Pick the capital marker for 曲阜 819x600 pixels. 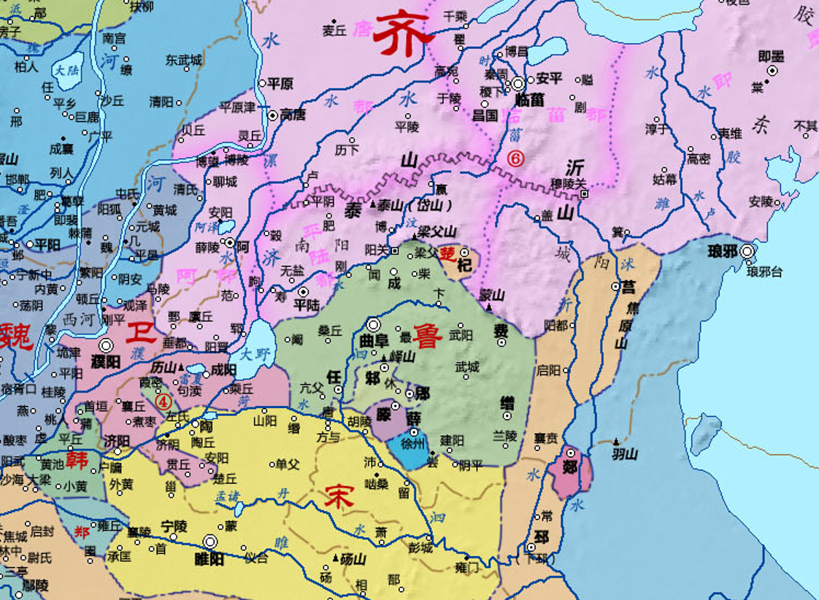(x=374, y=325)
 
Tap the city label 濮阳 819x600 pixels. (x=107, y=361)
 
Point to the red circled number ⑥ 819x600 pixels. (x=515, y=157)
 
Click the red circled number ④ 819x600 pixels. (x=164, y=400)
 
